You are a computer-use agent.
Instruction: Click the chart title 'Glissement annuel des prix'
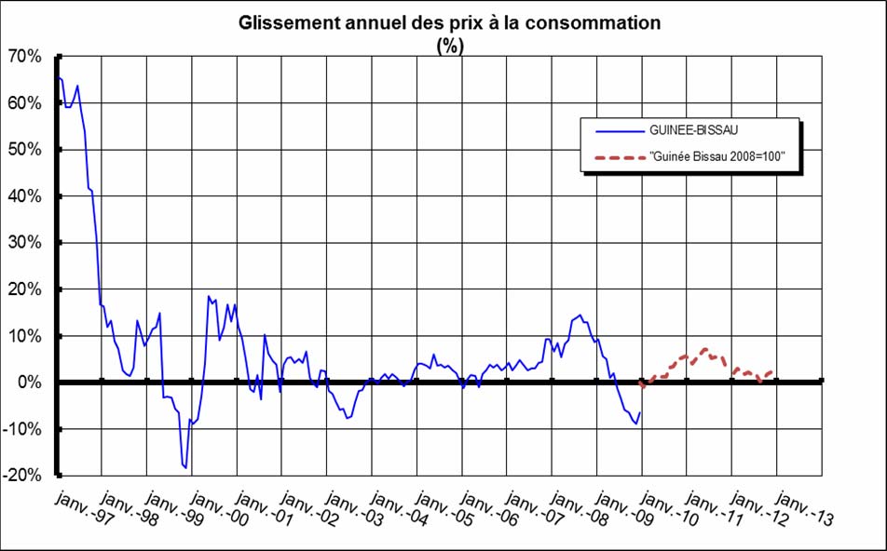(449, 22)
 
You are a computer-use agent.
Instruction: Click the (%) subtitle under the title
(449, 47)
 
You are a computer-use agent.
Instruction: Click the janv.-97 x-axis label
(83, 506)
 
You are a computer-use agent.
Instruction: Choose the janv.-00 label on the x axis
(218, 506)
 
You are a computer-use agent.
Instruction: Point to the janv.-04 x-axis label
(399, 506)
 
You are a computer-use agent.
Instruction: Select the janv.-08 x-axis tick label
(580, 506)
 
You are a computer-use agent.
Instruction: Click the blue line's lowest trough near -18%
(186, 467)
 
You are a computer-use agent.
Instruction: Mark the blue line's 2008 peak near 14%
(580, 315)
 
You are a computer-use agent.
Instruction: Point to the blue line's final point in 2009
(640, 412)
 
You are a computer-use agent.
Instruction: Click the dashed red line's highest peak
(703, 349)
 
